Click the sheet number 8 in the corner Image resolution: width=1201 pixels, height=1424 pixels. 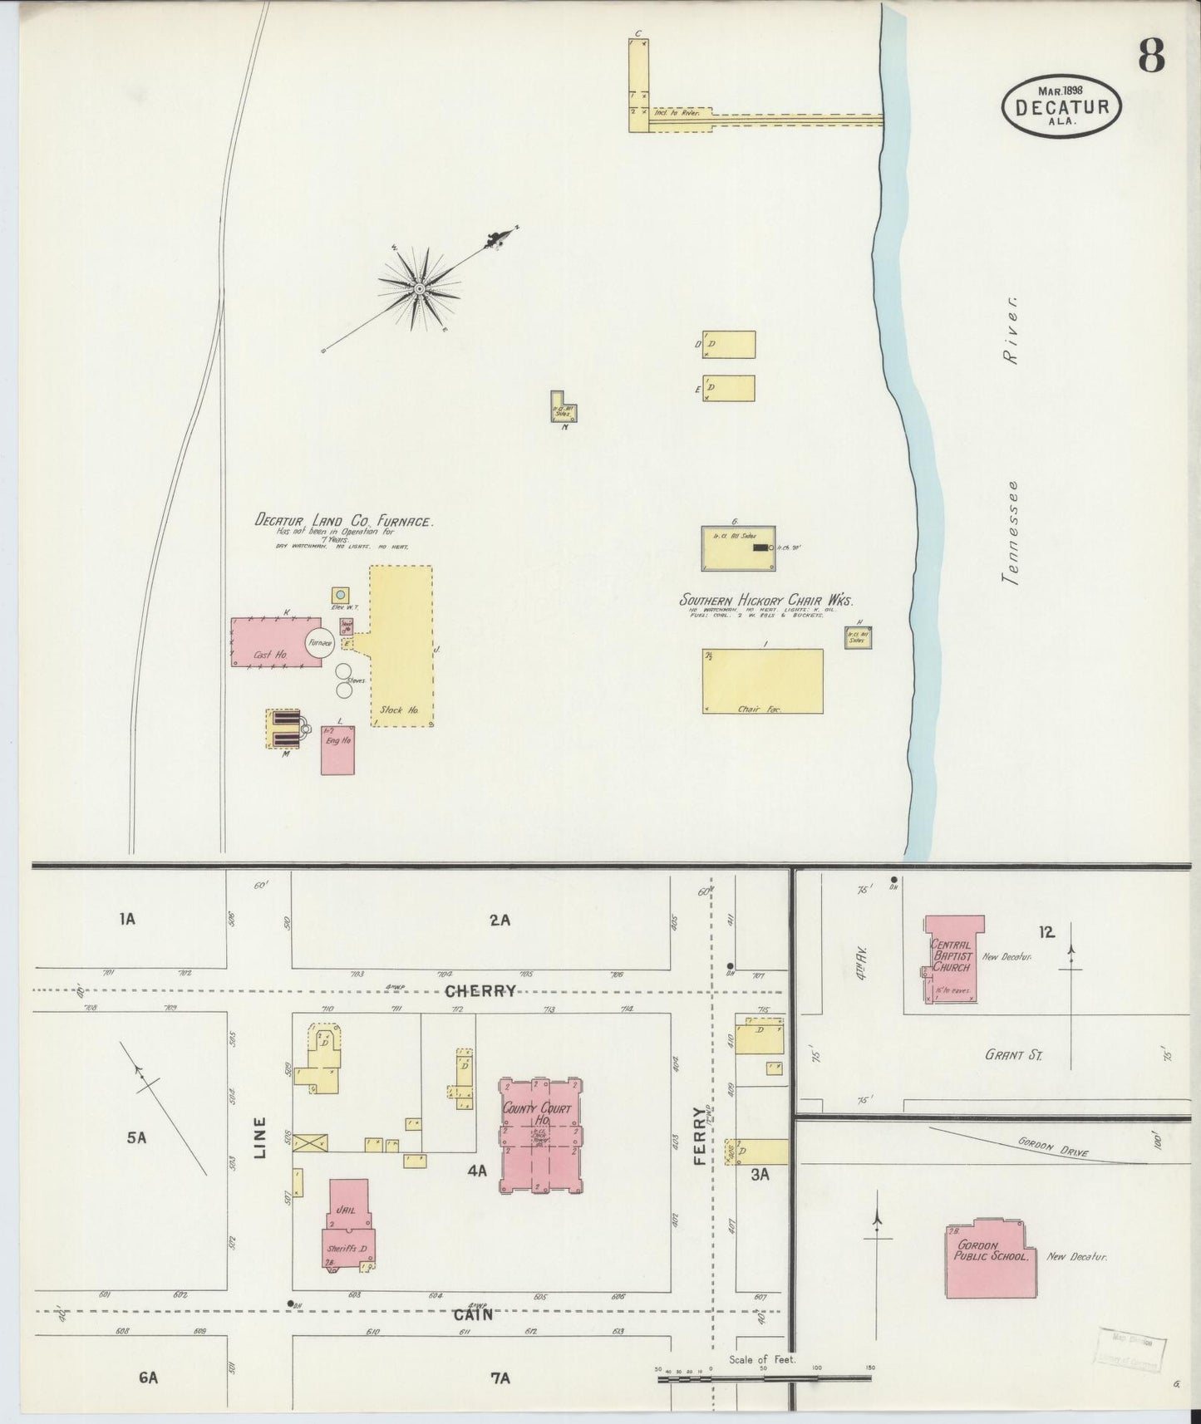(x=1150, y=56)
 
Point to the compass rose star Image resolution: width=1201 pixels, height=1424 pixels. (x=420, y=288)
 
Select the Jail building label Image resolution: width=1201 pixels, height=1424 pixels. (x=344, y=1210)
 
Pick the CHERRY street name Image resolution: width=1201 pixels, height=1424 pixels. (x=480, y=991)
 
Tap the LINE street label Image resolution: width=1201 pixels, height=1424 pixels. (x=260, y=1137)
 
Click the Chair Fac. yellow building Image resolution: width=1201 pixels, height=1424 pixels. (x=762, y=681)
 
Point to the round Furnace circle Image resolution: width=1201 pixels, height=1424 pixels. (x=318, y=643)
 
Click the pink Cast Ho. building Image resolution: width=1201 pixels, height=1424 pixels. (x=270, y=642)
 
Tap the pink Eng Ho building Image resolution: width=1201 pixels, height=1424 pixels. (x=337, y=750)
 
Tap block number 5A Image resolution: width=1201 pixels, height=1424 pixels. (x=136, y=1137)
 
